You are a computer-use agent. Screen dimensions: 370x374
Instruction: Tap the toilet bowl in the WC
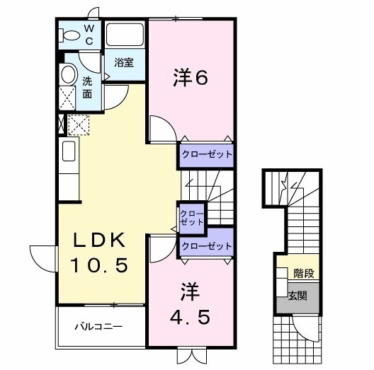click(x=72, y=35)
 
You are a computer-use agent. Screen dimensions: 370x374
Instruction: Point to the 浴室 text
click(x=124, y=62)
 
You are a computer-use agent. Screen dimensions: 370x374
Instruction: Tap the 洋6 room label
click(x=189, y=79)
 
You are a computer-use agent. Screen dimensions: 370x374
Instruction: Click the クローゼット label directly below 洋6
click(x=205, y=154)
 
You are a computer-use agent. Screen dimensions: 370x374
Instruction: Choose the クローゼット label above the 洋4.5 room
click(x=206, y=246)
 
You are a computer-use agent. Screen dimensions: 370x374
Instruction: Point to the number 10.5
click(x=99, y=266)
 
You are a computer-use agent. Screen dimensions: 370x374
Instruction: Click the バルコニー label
click(x=99, y=327)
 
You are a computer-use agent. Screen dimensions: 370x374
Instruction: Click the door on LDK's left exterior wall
click(x=41, y=255)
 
